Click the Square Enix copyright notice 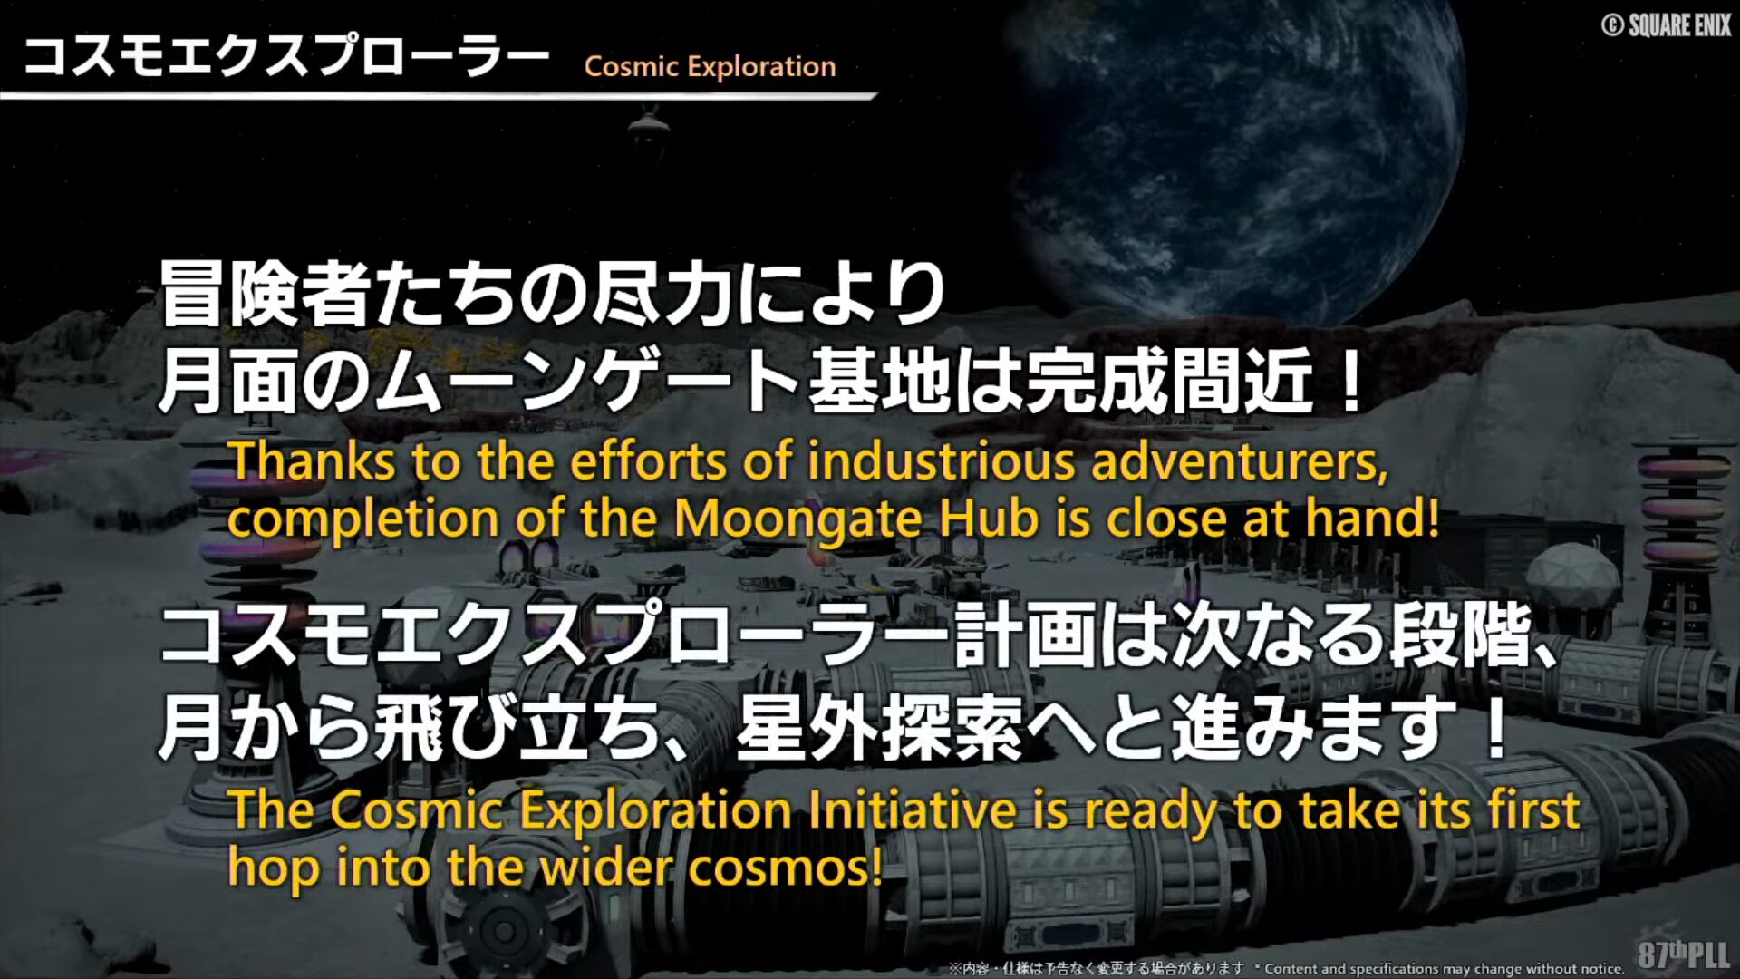(1667, 24)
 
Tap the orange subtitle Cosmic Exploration (710, 66)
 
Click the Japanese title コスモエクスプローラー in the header (286, 55)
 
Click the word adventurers (1240, 462)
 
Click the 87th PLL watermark (1684, 954)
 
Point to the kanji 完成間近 (1169, 381)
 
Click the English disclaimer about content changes (1445, 969)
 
